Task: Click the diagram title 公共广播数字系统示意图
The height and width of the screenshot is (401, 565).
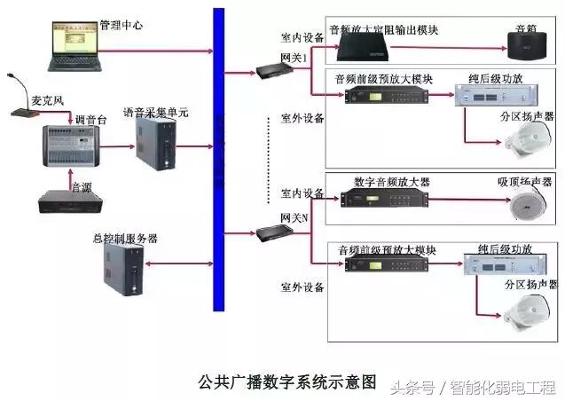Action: click(x=287, y=382)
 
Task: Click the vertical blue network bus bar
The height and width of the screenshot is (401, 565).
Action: click(x=218, y=160)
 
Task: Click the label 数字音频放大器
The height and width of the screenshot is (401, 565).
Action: click(x=391, y=181)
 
